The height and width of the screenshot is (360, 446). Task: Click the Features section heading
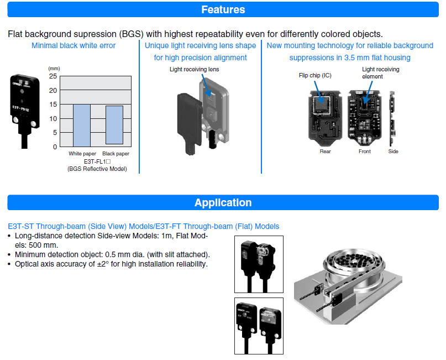tap(223, 9)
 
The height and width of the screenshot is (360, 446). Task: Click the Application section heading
tap(223, 202)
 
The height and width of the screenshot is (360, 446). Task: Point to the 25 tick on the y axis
tap(53, 76)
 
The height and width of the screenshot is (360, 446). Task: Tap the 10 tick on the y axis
tap(53, 118)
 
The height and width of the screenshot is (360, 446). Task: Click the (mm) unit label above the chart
tap(53, 67)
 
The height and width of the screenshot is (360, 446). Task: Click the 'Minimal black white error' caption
tap(74, 45)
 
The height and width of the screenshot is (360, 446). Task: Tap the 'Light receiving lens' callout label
tap(194, 70)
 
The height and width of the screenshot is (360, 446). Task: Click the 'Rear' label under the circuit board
tap(326, 151)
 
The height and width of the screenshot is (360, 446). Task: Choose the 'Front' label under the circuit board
tap(364, 151)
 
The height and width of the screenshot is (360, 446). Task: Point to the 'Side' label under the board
tap(393, 151)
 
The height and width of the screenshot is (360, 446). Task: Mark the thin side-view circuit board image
tap(393, 114)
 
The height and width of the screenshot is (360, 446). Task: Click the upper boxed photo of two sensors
tap(259, 264)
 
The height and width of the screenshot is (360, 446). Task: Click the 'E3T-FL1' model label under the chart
tap(97, 161)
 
